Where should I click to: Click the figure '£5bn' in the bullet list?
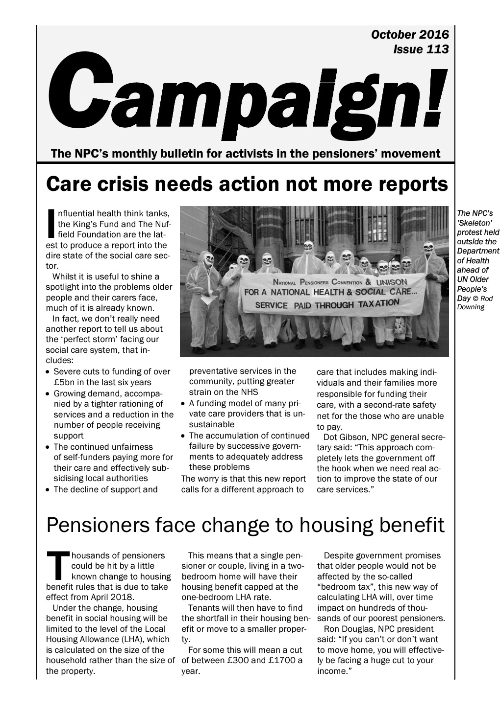64,382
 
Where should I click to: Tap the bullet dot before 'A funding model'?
183,404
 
